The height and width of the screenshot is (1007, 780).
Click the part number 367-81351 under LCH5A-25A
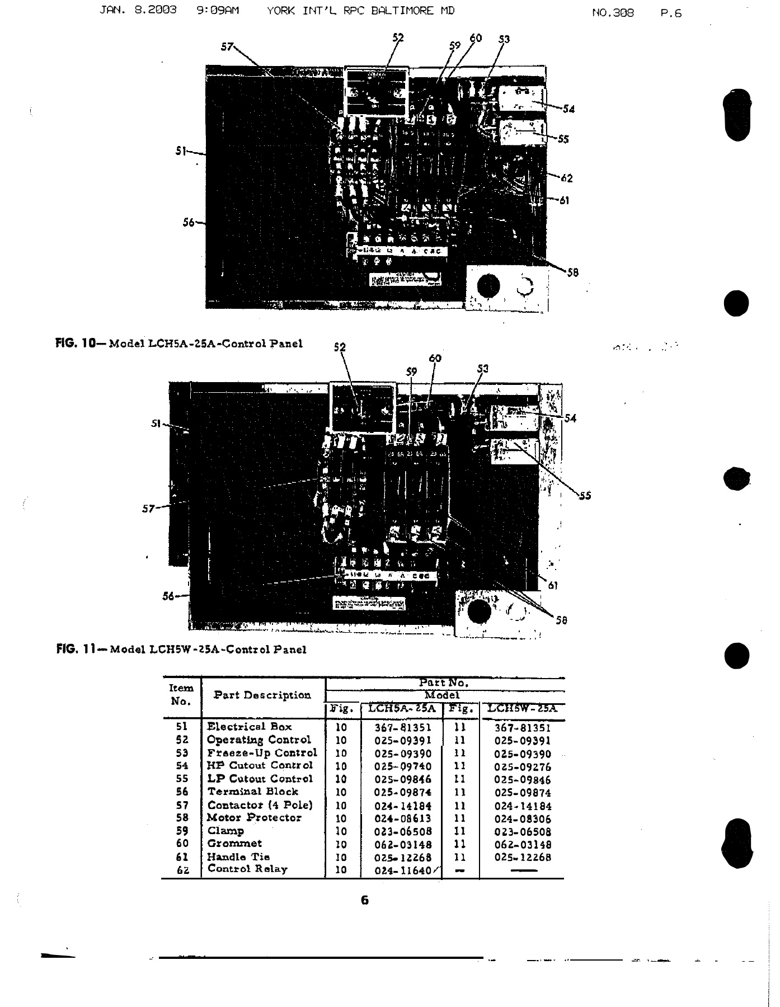point(403,728)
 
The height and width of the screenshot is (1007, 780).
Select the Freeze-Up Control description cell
point(261,753)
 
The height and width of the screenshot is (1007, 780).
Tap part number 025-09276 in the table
point(523,767)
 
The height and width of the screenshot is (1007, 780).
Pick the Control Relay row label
point(247,869)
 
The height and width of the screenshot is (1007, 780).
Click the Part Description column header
point(262,695)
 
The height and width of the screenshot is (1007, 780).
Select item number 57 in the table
point(181,806)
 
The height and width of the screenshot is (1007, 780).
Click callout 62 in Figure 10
point(566,178)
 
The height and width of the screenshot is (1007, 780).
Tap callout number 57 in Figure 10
point(227,47)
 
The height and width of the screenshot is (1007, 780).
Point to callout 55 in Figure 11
point(585,495)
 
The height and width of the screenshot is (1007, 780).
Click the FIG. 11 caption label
point(79,650)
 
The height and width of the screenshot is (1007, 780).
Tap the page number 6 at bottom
point(365,900)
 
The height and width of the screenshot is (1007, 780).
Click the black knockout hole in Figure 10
point(488,285)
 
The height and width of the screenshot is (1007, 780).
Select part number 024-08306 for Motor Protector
point(523,819)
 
